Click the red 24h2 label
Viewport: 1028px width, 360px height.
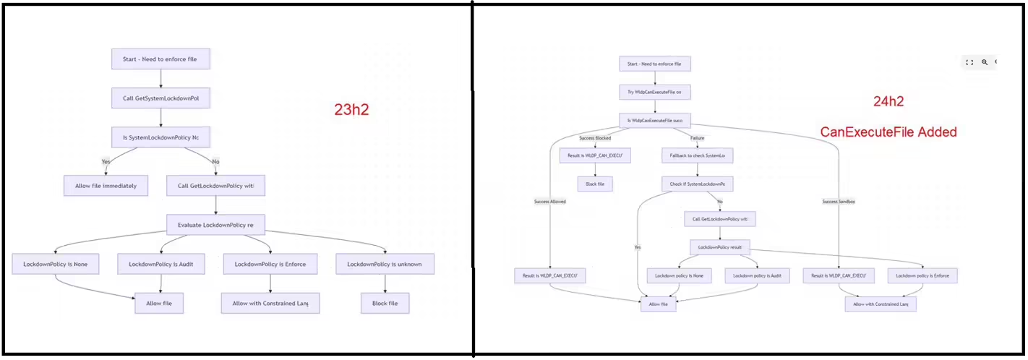(x=888, y=102)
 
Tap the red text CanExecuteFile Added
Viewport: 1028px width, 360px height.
(x=888, y=132)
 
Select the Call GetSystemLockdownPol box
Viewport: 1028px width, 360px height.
(x=160, y=98)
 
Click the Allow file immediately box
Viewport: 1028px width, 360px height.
(x=106, y=186)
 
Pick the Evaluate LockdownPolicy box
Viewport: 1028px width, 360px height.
(x=215, y=225)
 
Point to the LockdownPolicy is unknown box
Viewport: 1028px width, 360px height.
(x=385, y=264)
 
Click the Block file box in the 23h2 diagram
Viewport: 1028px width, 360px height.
(x=385, y=303)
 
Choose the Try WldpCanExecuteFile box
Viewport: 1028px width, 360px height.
(x=654, y=92)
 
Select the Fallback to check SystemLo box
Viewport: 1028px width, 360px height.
(x=697, y=155)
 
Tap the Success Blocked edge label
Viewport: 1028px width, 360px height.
(x=595, y=137)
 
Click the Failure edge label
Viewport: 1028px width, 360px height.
(x=697, y=137)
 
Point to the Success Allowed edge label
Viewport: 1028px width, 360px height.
(x=550, y=201)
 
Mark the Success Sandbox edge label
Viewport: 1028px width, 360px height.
(x=839, y=201)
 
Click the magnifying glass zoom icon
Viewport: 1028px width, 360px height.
(x=984, y=62)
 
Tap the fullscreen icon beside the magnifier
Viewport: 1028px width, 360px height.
(x=969, y=62)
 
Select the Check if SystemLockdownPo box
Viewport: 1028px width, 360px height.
(x=697, y=184)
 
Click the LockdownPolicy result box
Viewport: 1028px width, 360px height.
(x=720, y=247)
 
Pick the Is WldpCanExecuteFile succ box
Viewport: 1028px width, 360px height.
(x=654, y=120)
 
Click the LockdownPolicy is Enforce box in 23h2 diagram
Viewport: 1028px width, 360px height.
(x=270, y=264)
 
